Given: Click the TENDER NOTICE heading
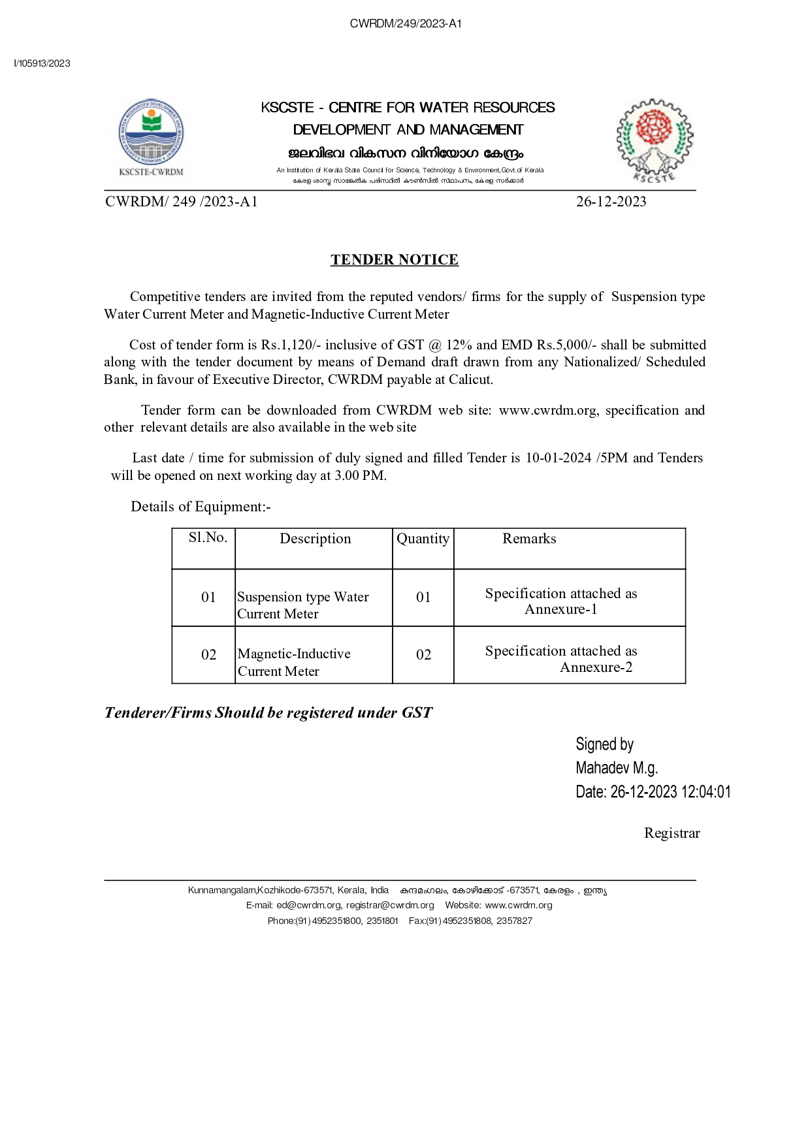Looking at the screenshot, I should tap(394, 260).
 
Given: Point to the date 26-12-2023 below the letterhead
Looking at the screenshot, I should tap(611, 202).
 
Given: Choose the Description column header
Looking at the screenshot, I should tap(315, 539).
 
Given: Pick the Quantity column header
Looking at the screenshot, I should tap(423, 539).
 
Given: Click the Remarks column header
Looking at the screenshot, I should tap(529, 539).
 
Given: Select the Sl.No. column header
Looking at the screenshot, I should tap(208, 537).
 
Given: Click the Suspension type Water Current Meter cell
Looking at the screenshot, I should tap(302, 605).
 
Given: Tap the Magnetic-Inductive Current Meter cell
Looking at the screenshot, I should tap(294, 662).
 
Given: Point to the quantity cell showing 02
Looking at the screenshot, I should tap(423, 655).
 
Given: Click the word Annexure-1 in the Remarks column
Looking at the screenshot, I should tap(560, 609).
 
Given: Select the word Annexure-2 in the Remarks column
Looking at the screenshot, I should tap(596, 667).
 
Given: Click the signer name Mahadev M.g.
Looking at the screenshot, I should tap(616, 768).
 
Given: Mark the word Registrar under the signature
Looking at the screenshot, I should tap(672, 833).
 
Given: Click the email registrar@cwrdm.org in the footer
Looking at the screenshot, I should tap(390, 905).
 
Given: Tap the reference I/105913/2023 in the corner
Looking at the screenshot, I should tap(42, 63).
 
